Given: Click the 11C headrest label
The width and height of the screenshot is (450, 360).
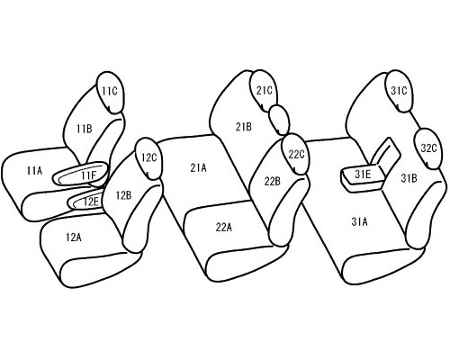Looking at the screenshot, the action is click(x=109, y=91).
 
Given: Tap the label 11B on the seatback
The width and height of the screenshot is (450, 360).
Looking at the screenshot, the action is click(x=85, y=129).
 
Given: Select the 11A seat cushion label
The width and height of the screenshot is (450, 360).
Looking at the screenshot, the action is click(x=34, y=171).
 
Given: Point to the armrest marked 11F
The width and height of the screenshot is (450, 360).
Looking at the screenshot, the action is click(x=80, y=173).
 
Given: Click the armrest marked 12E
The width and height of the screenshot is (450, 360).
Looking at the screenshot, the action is click(x=85, y=201).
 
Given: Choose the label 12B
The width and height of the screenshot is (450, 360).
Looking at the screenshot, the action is click(x=123, y=195).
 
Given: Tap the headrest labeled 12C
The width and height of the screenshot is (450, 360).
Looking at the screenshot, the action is click(x=149, y=158).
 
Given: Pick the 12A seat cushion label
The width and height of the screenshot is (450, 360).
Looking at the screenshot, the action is click(x=74, y=238).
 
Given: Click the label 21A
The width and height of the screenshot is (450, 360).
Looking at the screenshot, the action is click(x=198, y=168).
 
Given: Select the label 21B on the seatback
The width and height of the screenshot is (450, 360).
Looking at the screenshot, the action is click(x=243, y=127).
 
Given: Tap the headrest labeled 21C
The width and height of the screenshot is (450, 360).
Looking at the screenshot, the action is click(x=264, y=91).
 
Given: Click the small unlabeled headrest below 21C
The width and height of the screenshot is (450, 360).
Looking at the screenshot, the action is click(x=279, y=120).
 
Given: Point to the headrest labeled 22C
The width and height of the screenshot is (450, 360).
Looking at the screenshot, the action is click(x=295, y=154).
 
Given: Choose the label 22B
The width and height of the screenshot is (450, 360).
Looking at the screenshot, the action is click(x=273, y=181).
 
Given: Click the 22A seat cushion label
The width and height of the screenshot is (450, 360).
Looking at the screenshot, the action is click(x=224, y=228).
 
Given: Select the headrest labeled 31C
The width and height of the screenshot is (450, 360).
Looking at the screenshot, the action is click(x=399, y=91).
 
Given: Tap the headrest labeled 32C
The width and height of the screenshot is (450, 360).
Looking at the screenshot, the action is click(x=428, y=148).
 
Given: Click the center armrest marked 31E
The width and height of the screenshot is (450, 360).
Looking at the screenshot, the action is click(x=364, y=177).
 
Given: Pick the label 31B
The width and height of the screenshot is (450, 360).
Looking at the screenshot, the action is click(x=409, y=178).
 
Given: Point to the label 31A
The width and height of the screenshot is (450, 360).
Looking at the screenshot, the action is click(x=359, y=222).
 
